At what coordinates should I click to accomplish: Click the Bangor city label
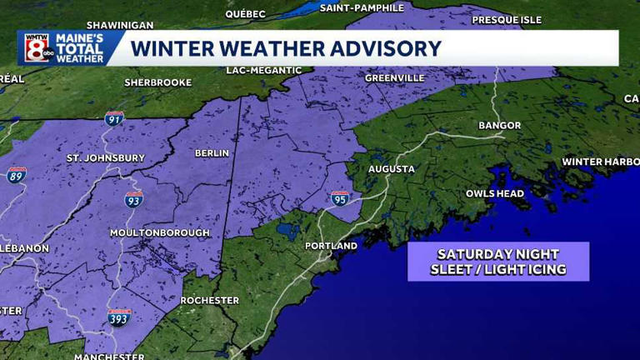coord(499,126)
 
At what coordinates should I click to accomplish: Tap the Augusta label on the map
coord(391,169)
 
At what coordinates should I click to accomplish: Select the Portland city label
coord(331,246)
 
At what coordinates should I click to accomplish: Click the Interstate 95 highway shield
coord(340,197)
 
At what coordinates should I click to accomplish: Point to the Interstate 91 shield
coord(115,118)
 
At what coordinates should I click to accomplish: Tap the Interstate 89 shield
coord(17,175)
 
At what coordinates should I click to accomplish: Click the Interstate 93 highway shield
coord(133,198)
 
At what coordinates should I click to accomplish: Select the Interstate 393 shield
coord(119,317)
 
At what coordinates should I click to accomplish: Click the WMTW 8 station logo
coord(37,48)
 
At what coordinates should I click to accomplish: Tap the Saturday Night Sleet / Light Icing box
coord(497,262)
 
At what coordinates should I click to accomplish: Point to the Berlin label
coord(211,154)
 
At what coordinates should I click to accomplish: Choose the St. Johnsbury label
coord(105,157)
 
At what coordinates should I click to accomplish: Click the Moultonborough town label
coord(160,233)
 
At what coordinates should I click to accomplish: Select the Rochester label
coord(209,300)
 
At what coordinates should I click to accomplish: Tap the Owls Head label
coord(494,193)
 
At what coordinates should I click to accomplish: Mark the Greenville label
coord(394,78)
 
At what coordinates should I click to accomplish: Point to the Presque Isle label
coord(506,19)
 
